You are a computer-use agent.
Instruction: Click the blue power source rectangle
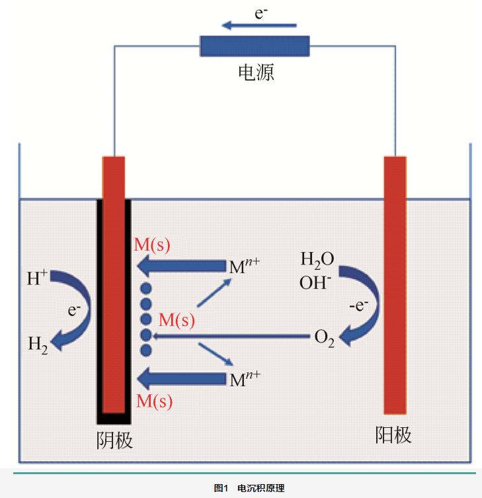pyautogui.click(x=255, y=46)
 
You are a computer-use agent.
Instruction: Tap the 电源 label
pyautogui.click(x=255, y=72)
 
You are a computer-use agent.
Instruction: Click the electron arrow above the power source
pyautogui.click(x=259, y=26)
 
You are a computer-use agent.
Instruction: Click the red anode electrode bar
pyautogui.click(x=395, y=284)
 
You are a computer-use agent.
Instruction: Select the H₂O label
pyautogui.click(x=317, y=259)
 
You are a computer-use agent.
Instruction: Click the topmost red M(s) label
pyautogui.click(x=153, y=245)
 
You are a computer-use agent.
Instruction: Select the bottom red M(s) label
pyautogui.click(x=154, y=400)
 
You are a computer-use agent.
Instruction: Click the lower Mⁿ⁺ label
pyautogui.click(x=243, y=379)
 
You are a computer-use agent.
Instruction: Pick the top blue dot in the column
pyautogui.click(x=146, y=288)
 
